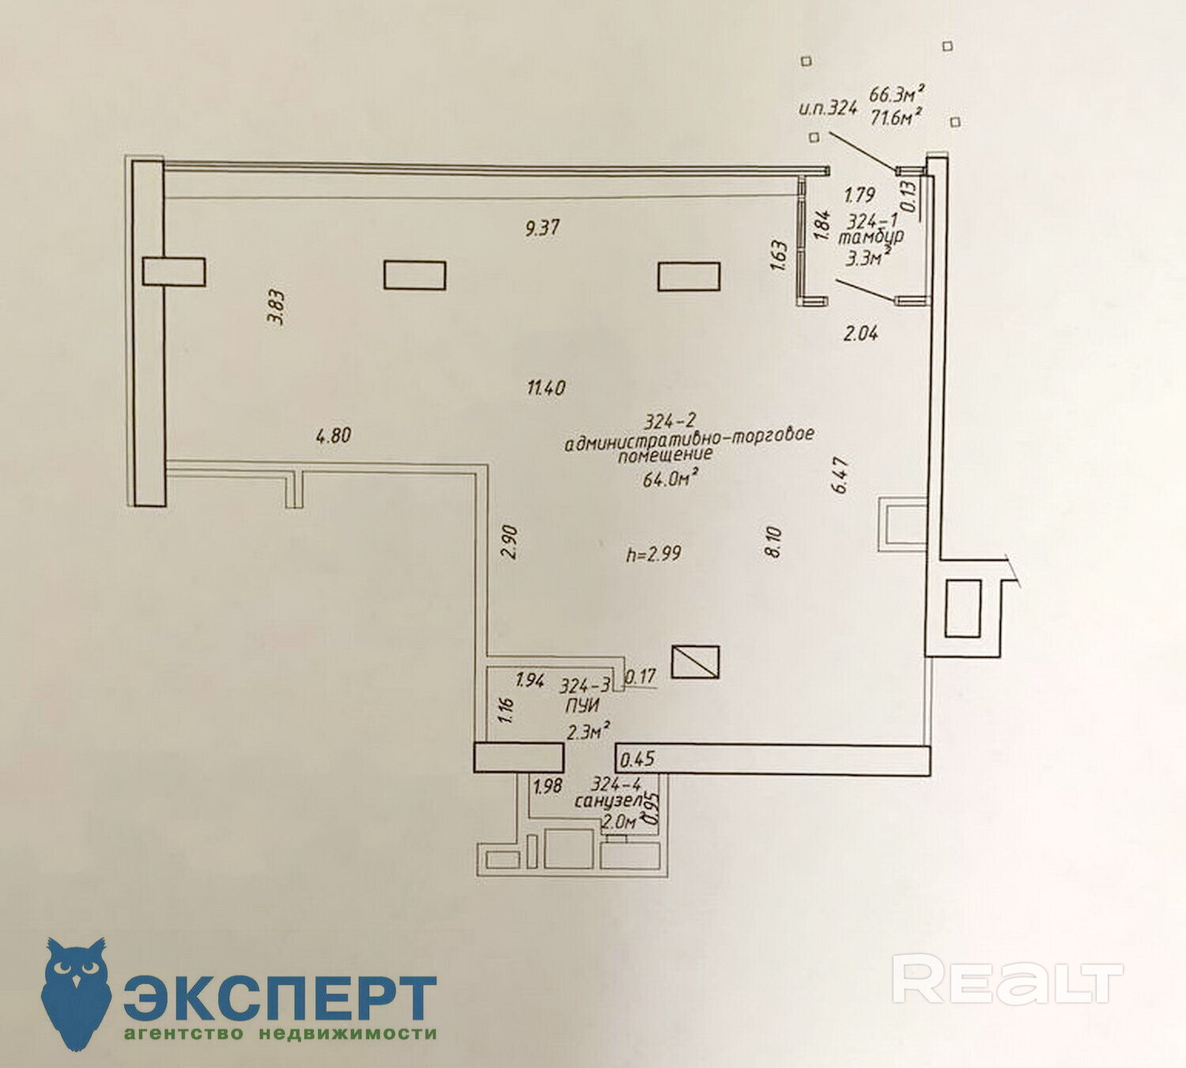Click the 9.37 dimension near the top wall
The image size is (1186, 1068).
[x=542, y=228]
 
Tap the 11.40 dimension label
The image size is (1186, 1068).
[x=546, y=388]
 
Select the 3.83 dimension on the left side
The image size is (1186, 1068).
[x=277, y=308]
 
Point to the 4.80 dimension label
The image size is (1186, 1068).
[x=333, y=435]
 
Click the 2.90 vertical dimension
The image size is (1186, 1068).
[x=511, y=542]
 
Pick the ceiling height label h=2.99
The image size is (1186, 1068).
[x=653, y=554]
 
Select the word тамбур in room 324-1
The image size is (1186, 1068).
[x=871, y=237]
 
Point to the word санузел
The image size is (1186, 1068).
[x=606, y=801]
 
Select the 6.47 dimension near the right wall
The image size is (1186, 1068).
[x=840, y=475]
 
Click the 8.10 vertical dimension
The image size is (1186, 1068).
[x=774, y=542]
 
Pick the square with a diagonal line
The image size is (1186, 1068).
[x=695, y=661]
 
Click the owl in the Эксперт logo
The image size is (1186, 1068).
[x=76, y=992]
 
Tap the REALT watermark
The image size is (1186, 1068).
[x=1007, y=981]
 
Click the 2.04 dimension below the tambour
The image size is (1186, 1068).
[x=860, y=333]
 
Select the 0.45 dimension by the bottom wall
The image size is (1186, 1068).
[x=637, y=759]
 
